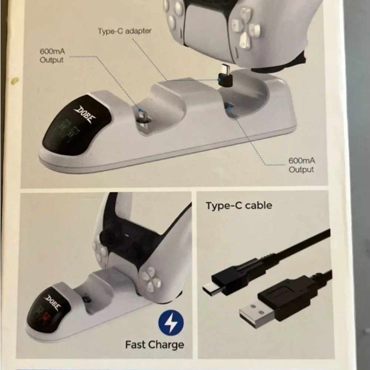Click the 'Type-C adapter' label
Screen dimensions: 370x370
tap(125, 31)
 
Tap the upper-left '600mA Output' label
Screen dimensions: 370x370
tap(52, 55)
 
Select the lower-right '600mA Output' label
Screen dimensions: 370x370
tap(302, 165)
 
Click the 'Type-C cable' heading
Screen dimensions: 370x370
tap(239, 205)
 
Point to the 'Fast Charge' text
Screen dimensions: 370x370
tap(155, 345)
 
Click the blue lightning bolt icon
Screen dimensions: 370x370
tap(171, 323)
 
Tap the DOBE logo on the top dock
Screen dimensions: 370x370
tap(84, 114)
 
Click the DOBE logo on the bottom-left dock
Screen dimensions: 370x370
tap(53, 302)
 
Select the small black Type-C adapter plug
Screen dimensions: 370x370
tap(225, 75)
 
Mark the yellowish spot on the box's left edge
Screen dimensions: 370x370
tap(15, 81)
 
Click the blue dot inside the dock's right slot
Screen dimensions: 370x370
tap(228, 107)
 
